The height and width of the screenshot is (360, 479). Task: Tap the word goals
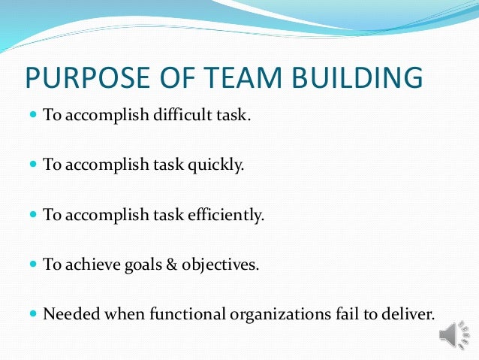136,264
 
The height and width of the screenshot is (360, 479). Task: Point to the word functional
170,313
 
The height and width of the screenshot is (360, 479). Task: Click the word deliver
409,313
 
